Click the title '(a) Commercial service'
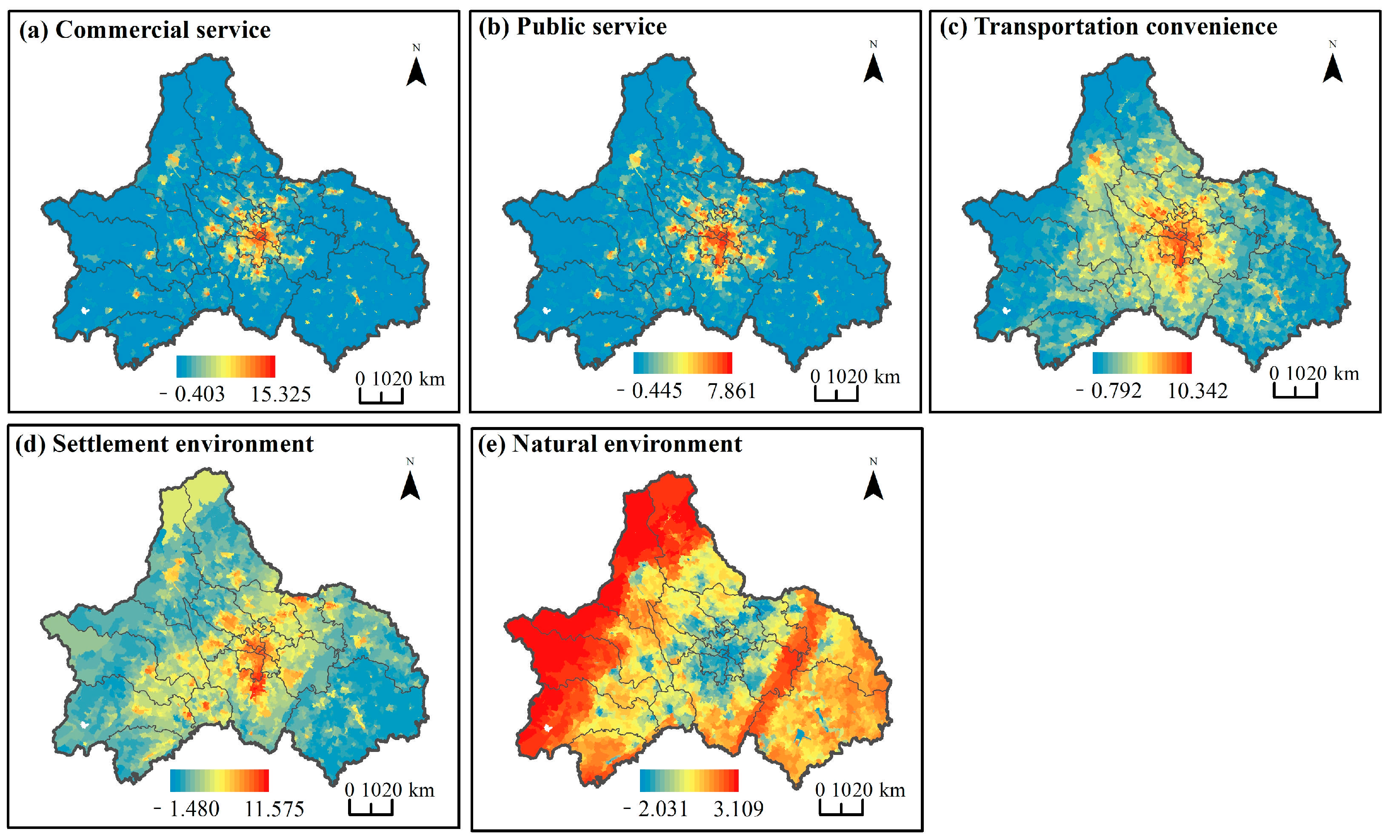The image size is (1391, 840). (145, 30)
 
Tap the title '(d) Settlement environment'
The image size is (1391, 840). (164, 444)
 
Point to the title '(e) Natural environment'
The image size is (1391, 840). (610, 444)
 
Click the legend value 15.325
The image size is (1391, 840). (280, 394)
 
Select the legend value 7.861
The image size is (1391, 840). (731, 391)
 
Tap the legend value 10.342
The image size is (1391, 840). (1197, 391)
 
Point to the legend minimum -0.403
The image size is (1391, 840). (192, 394)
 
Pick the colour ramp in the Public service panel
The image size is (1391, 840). (683, 363)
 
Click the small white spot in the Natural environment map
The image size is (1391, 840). (547, 728)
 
